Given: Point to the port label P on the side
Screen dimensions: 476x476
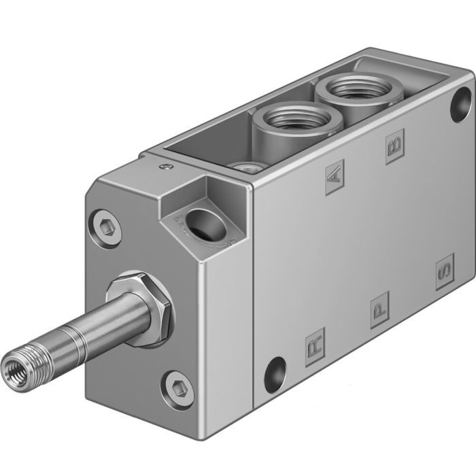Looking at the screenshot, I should [380, 310].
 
